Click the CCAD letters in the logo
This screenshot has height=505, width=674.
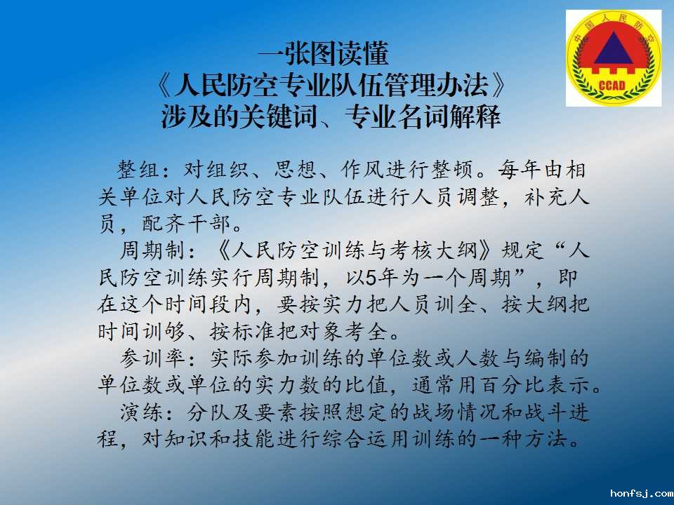612,85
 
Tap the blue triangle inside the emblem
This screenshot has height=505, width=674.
614,48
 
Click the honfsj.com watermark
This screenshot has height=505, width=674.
641,493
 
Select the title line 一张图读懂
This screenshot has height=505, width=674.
323,53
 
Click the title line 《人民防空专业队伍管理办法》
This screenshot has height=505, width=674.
331,85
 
